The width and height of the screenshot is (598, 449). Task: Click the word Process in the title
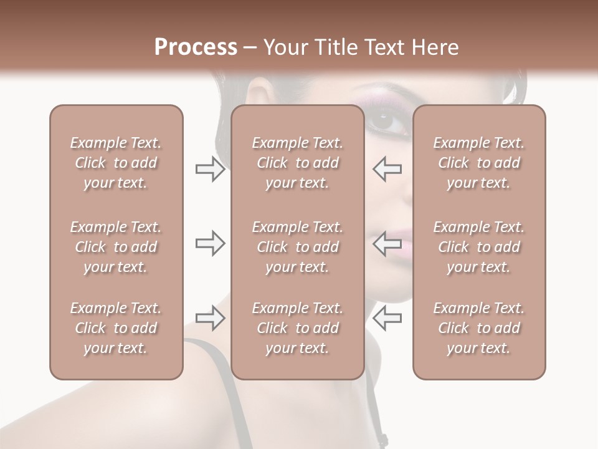tap(196, 47)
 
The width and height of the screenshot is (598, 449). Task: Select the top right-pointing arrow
tap(210, 169)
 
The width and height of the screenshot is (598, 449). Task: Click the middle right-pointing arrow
tap(210, 243)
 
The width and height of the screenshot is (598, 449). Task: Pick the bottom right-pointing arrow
tap(210, 318)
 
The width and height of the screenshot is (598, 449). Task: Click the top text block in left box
tap(116, 163)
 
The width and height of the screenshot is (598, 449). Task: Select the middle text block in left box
tap(116, 247)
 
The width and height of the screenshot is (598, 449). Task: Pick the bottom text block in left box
tap(116, 328)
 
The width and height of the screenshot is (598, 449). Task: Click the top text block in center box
tap(297, 163)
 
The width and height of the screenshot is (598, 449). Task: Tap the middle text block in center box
tap(297, 247)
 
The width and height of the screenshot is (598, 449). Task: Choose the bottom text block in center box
tap(297, 328)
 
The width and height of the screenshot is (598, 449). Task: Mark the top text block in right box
tap(478, 163)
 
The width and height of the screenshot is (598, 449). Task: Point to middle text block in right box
tap(478, 247)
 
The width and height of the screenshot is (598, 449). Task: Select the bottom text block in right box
tap(478, 328)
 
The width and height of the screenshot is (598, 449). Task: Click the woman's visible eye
tap(387, 120)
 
